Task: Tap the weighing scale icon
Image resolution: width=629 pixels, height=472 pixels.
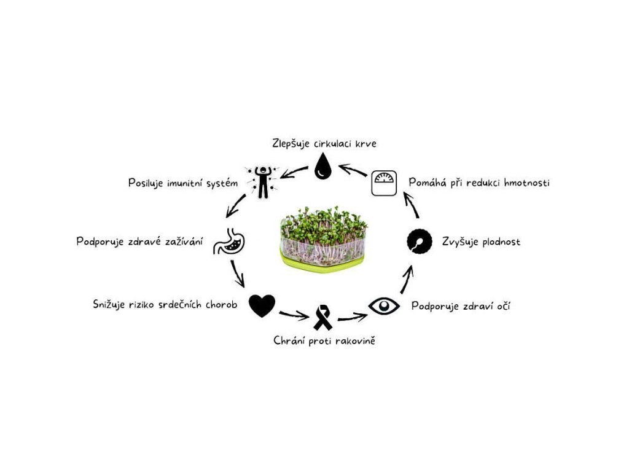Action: (385, 183)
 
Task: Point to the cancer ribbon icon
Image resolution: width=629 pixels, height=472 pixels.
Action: (323, 318)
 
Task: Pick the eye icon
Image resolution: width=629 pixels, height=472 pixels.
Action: (384, 305)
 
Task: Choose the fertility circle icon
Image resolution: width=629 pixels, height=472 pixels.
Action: (420, 242)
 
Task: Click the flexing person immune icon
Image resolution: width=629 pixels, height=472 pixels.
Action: (262, 181)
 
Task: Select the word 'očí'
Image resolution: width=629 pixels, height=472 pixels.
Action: (501, 305)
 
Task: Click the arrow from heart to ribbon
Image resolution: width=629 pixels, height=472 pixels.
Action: (293, 316)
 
